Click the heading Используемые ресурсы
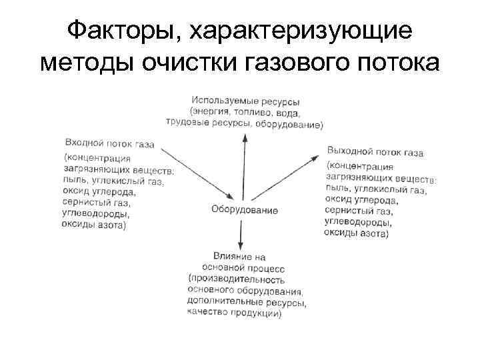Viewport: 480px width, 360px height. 244,101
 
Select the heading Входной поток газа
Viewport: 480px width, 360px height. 110,143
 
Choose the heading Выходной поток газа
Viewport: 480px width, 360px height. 375,152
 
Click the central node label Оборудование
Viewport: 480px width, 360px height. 245,209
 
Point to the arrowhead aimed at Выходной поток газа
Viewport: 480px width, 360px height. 315,157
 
